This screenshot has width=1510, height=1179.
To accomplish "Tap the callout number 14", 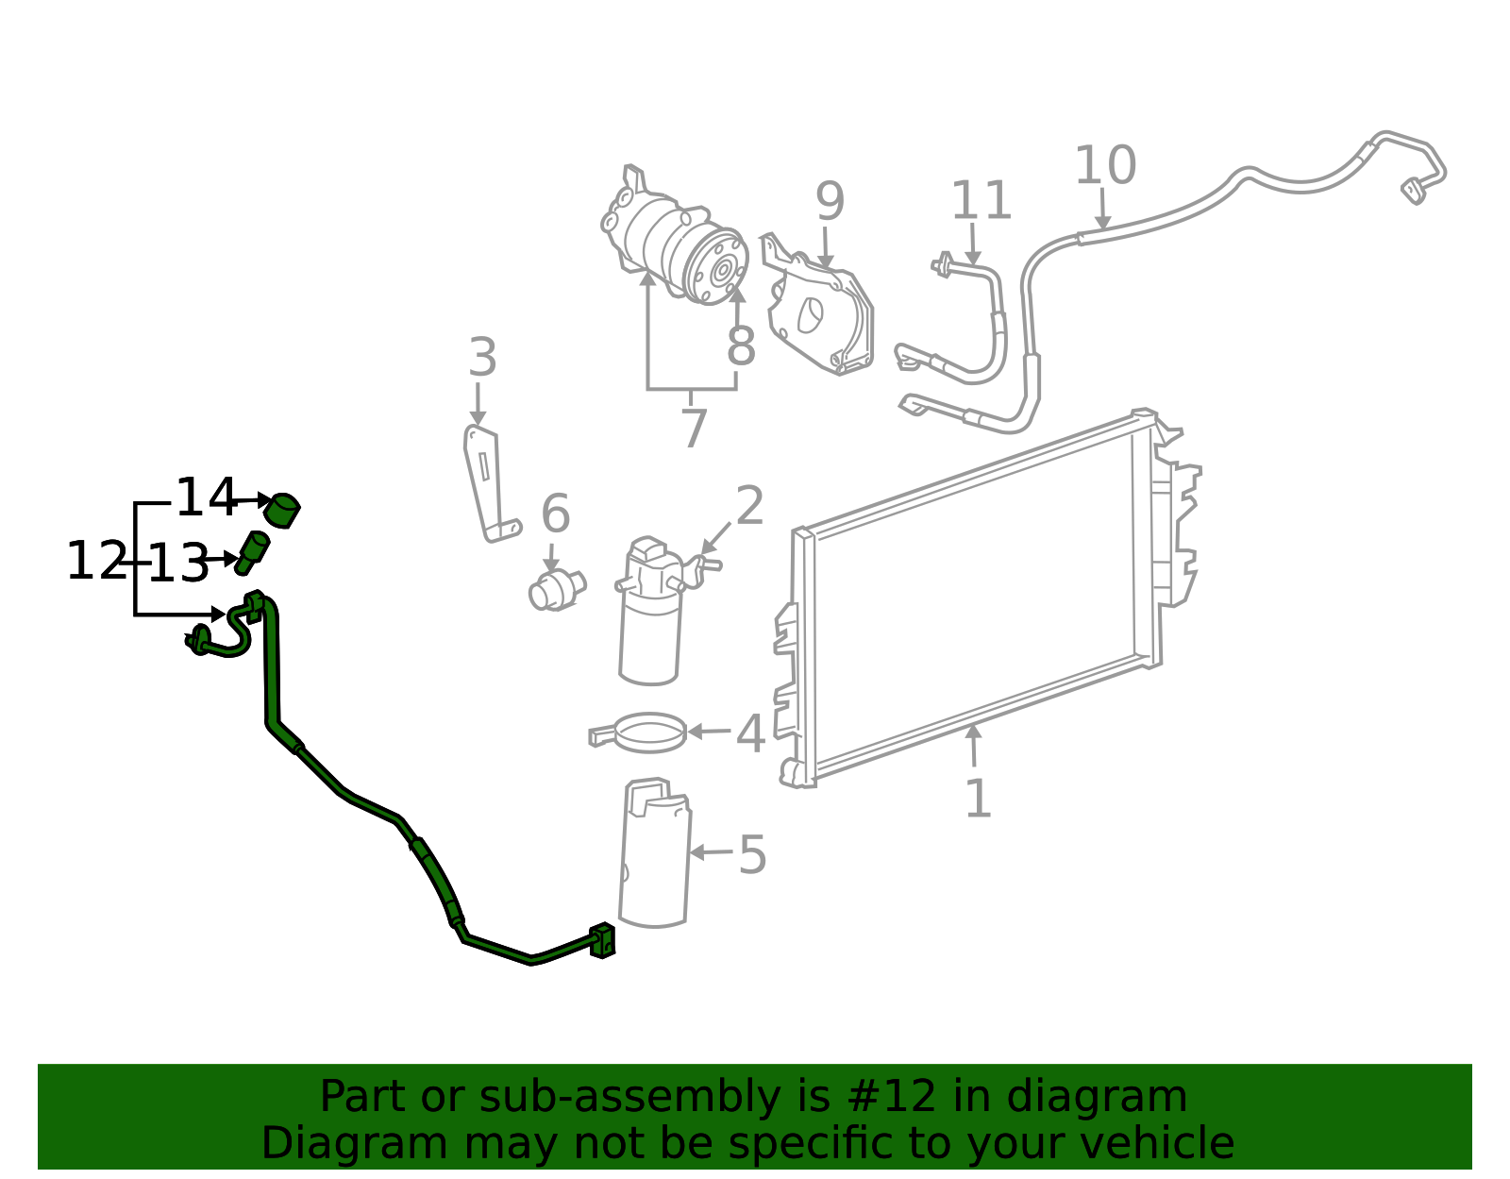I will coord(206,497).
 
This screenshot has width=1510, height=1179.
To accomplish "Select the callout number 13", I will coord(178,564).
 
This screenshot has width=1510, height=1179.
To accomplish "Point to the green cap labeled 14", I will coord(282,510).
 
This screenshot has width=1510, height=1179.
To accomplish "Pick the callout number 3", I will coord(482,359).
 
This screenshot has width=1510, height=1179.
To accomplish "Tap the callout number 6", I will coord(555,514).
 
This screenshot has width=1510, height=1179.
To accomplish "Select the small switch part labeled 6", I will coord(555,592).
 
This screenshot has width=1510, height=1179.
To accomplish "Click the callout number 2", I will coord(749,507).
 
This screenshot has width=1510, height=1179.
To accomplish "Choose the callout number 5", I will coord(752,855).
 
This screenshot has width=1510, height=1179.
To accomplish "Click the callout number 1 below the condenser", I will coord(978,800).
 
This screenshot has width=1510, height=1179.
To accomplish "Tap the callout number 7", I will coord(694,429).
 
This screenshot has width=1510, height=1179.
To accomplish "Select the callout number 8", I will coord(741,346).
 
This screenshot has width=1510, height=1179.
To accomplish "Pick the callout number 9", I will coord(830,201).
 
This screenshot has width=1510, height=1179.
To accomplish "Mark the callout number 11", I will coord(981,201).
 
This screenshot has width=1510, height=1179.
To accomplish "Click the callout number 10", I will coord(1104,166).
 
